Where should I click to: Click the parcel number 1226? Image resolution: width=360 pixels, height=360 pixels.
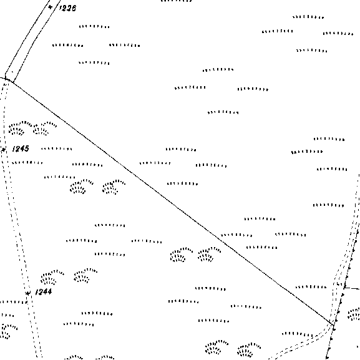click(x=67, y=8)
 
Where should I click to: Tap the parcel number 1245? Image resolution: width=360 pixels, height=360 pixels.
click(x=21, y=148)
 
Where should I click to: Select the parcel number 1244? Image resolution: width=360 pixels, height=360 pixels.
click(x=44, y=292)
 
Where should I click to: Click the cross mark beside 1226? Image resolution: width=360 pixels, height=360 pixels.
click(x=51, y=7)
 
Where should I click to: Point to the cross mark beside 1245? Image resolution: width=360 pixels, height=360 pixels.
click(x=3, y=150)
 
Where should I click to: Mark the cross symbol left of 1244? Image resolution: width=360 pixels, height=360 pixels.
click(x=28, y=293)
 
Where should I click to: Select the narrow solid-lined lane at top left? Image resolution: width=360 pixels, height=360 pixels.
click(x=31, y=40)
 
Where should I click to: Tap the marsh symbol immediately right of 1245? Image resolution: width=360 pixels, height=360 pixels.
click(x=57, y=148)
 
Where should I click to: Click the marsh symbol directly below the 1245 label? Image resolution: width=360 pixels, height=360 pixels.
click(x=27, y=163)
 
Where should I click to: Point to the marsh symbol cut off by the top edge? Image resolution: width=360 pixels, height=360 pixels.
click(x=177, y=1)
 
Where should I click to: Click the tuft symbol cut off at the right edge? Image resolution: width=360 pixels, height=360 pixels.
click(x=354, y=313)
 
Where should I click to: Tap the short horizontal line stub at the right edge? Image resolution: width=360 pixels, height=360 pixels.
click(x=352, y=288)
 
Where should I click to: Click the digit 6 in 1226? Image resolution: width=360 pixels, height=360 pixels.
click(x=74, y=8)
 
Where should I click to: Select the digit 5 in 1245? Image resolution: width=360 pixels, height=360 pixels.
click(x=26, y=148)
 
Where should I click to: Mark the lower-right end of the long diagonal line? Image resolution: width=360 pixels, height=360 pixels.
click(x=333, y=324)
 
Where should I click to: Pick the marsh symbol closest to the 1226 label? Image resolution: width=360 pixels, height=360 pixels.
click(x=94, y=27)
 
